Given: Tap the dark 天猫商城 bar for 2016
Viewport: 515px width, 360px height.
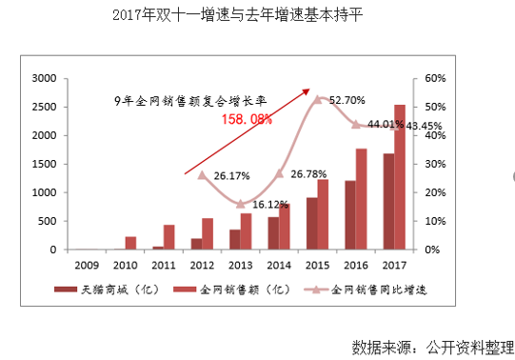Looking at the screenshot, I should click(350, 215).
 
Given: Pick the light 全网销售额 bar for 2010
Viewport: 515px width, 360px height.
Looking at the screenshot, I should click(130, 243).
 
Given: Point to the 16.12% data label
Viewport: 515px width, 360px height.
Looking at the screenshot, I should click(272, 204).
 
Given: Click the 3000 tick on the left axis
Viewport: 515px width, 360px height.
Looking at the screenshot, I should click(42, 78).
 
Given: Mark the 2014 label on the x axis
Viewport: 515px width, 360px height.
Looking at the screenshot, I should click(279, 265).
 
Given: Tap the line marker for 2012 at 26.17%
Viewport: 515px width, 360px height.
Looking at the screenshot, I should click(202, 174).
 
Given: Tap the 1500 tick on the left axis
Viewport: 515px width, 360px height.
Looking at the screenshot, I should click(42, 164).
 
